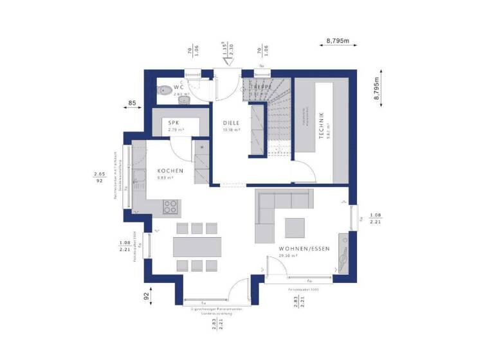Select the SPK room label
click(x=174, y=122)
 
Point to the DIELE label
click(x=231, y=122)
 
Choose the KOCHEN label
click(x=170, y=171)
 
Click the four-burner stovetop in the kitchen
click(x=171, y=206)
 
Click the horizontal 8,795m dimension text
click(x=337, y=40)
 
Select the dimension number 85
click(x=131, y=102)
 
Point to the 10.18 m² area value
click(x=231, y=129)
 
